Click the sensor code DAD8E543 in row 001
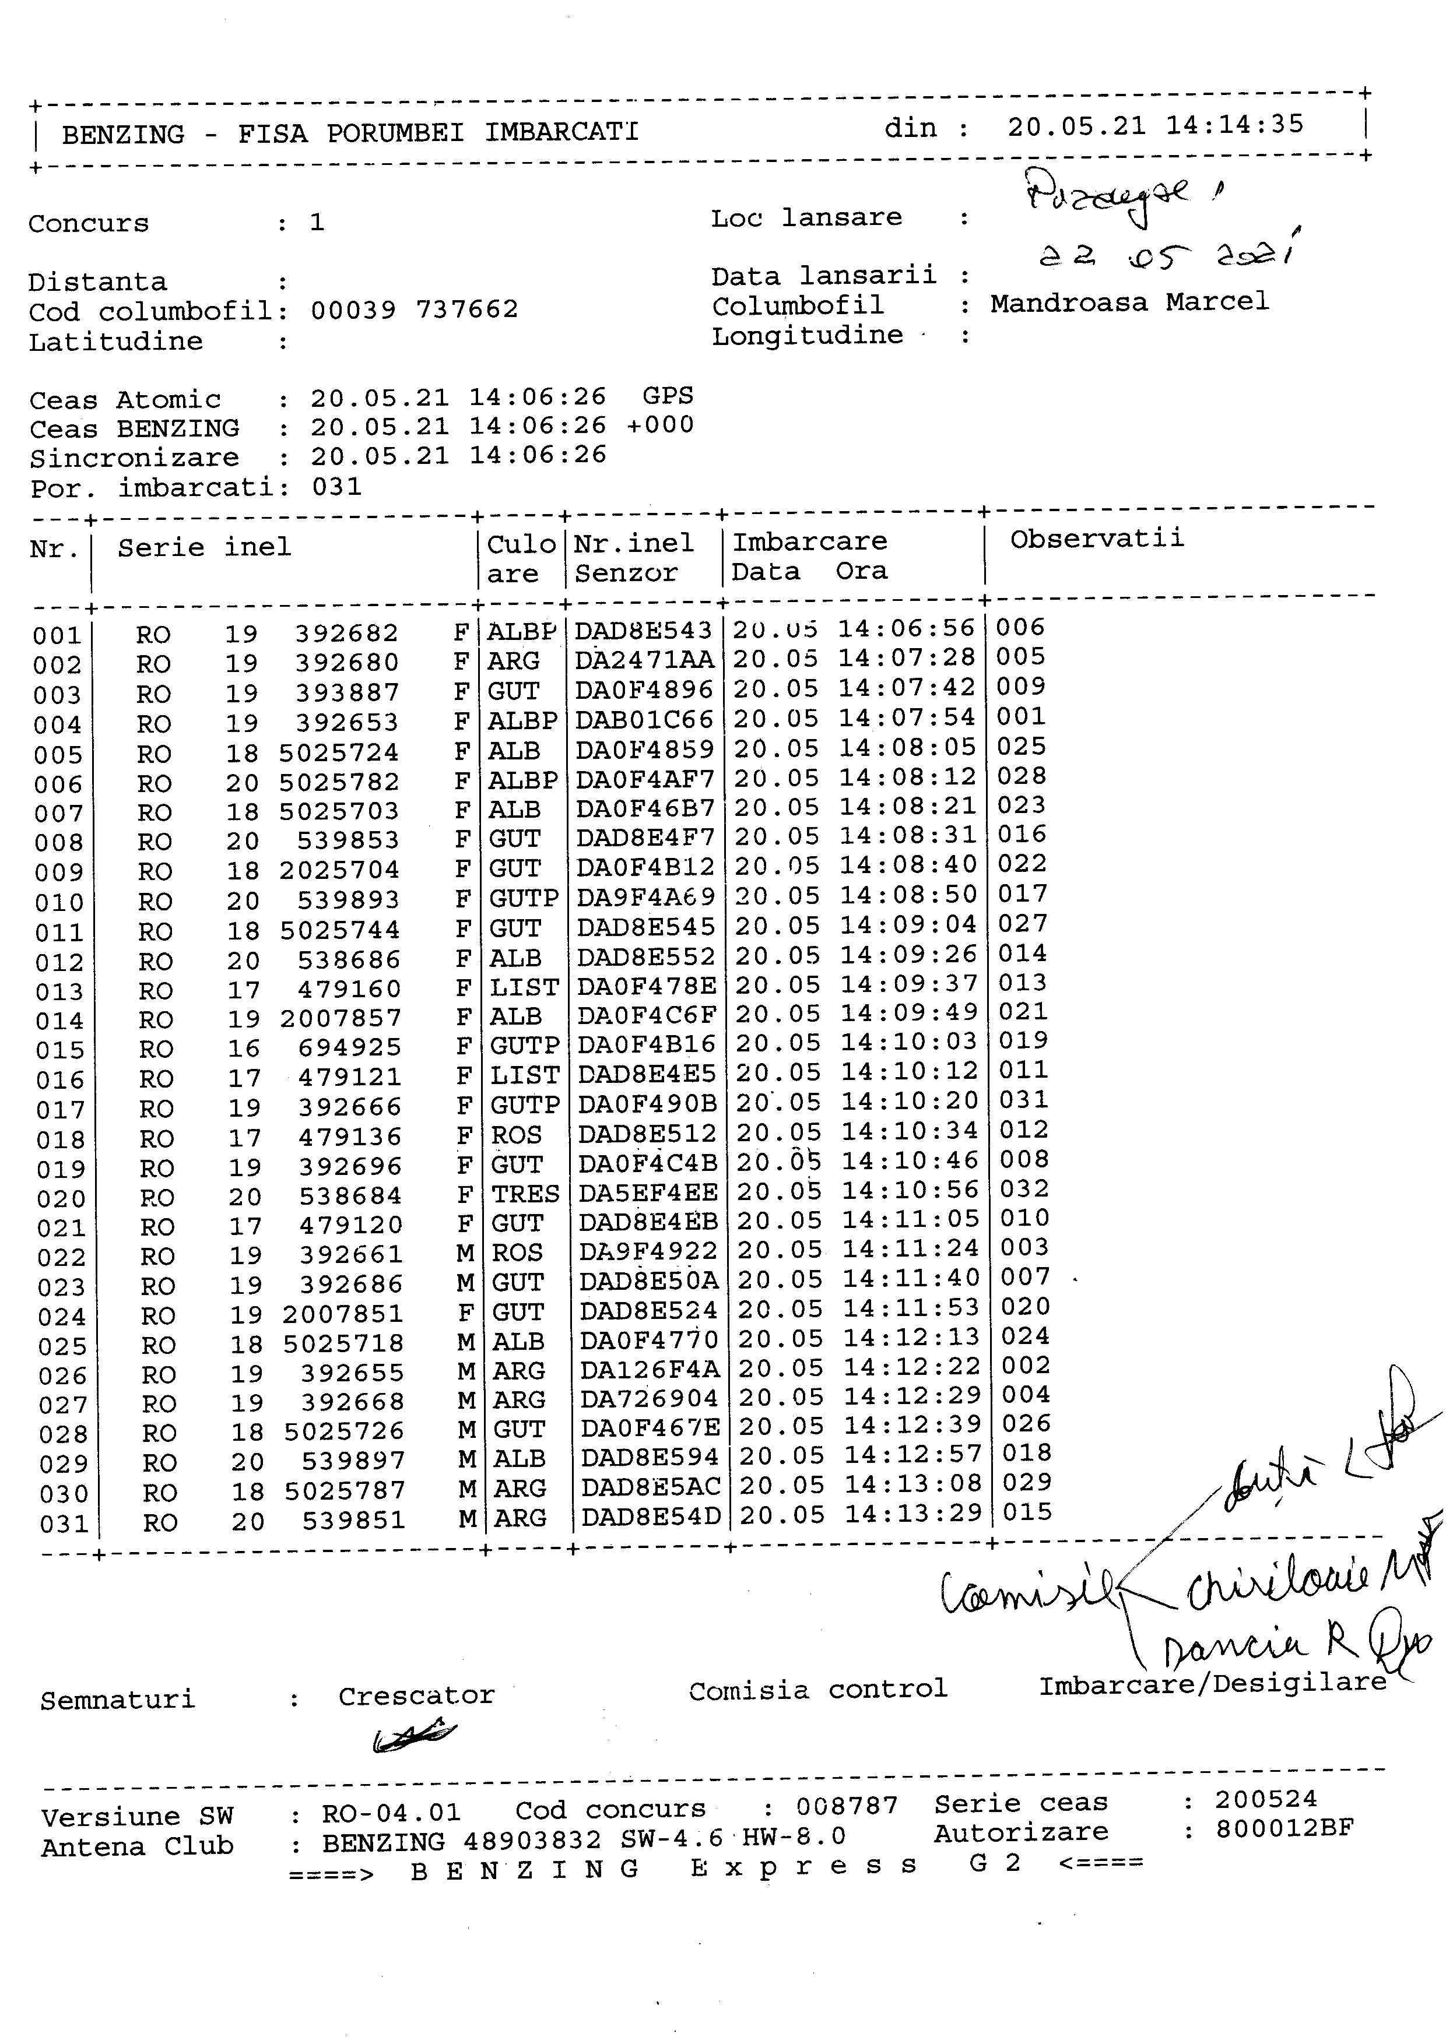tap(643, 631)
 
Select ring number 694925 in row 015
tap(349, 1048)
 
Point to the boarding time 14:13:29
tap(912, 1514)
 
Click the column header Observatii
tap(1097, 539)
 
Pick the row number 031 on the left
tap(64, 1524)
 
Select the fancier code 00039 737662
tap(414, 310)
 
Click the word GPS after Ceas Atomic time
tap(668, 396)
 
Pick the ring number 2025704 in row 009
tap(339, 870)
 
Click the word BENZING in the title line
tap(123, 135)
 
